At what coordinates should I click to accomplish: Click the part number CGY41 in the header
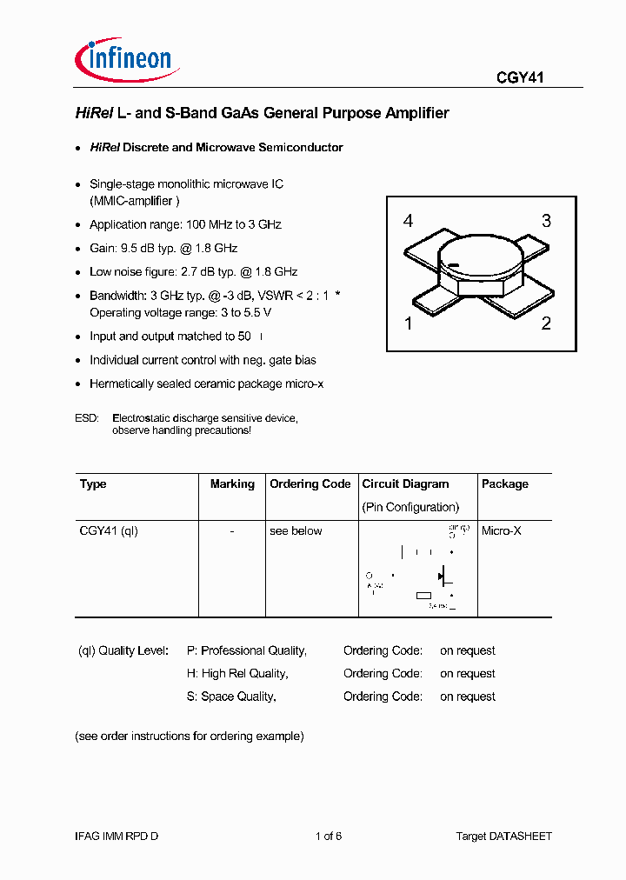(x=520, y=77)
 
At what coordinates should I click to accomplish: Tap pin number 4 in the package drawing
(x=408, y=221)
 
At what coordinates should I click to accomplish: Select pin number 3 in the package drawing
(x=546, y=221)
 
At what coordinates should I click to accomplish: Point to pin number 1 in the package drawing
(x=408, y=324)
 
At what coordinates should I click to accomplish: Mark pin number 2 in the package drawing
(x=546, y=324)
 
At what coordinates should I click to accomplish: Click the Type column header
(x=93, y=484)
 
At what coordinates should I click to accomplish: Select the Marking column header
(x=232, y=484)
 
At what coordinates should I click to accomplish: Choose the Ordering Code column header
(x=310, y=484)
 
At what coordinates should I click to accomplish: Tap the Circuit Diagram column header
(x=405, y=484)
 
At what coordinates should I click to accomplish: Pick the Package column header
(x=504, y=484)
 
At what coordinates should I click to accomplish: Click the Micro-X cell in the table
(x=502, y=530)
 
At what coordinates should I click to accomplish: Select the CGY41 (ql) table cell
(x=109, y=530)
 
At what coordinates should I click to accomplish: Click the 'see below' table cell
(x=296, y=530)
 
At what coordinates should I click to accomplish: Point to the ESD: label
(x=87, y=418)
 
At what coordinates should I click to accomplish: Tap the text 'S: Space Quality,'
(x=231, y=697)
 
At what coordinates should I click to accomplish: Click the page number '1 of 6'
(x=328, y=836)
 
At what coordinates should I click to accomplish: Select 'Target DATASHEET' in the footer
(x=503, y=836)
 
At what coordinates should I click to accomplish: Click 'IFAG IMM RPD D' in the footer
(x=117, y=836)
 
